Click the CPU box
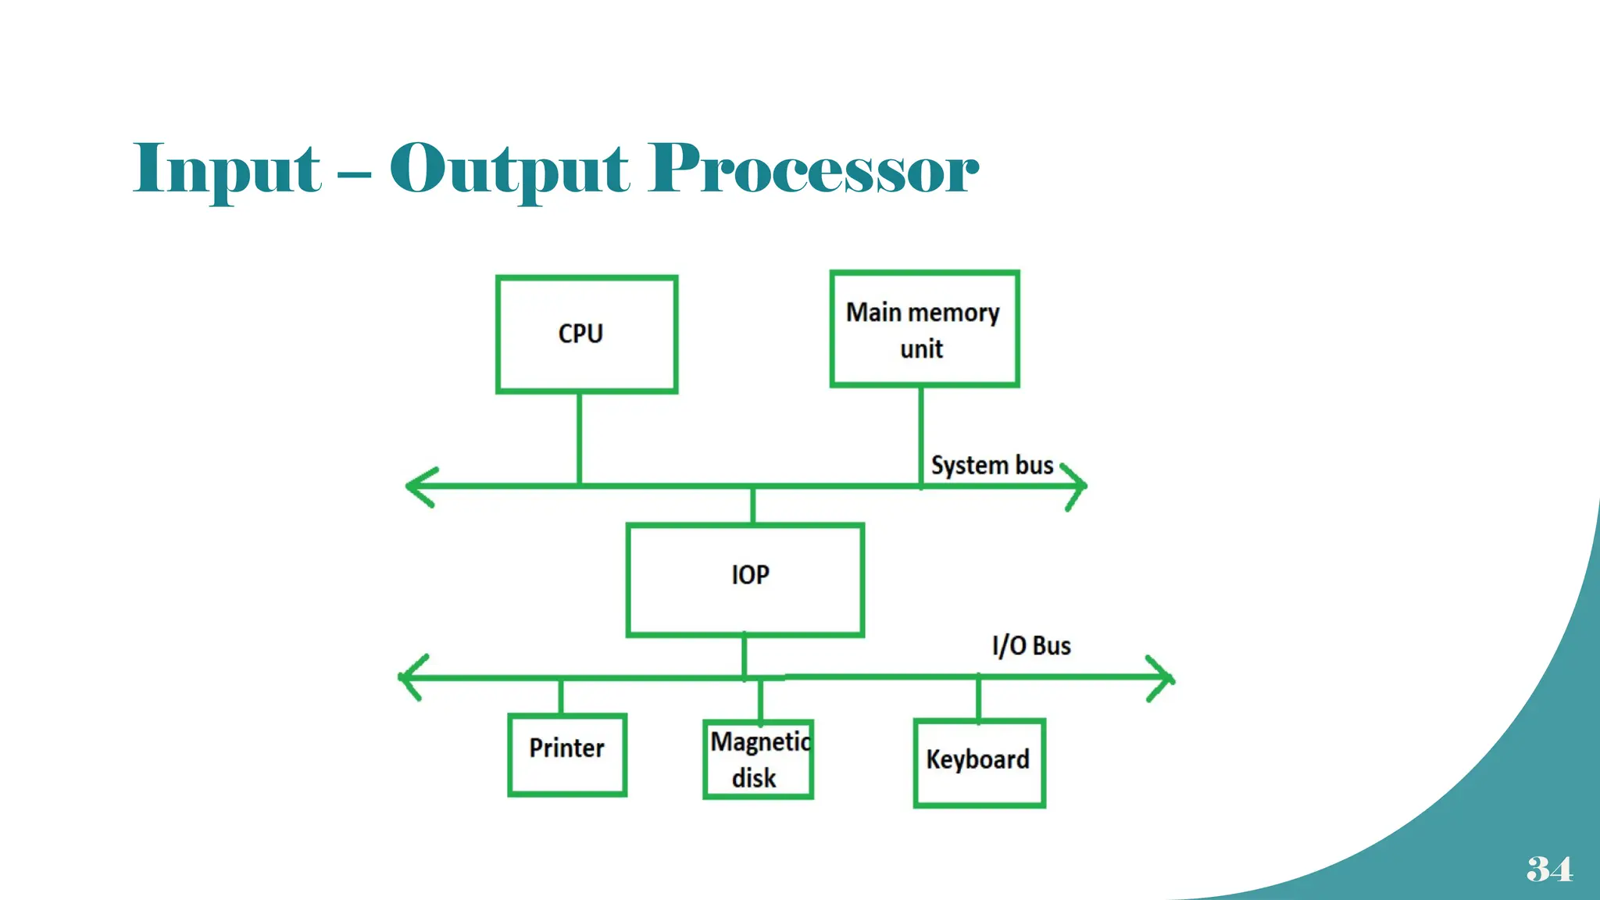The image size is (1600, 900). pyautogui.click(x=586, y=334)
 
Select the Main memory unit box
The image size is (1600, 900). pyautogui.click(x=924, y=329)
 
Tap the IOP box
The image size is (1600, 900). pyautogui.click(x=745, y=580)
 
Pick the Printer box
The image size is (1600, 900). pyautogui.click(x=567, y=755)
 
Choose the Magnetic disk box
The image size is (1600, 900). pyautogui.click(x=758, y=759)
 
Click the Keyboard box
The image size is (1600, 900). pyautogui.click(x=979, y=762)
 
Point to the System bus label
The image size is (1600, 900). pyautogui.click(x=991, y=466)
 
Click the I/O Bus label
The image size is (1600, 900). pyautogui.click(x=1031, y=646)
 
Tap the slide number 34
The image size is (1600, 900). pyautogui.click(x=1548, y=869)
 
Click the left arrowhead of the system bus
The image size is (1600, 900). pyautogui.click(x=417, y=487)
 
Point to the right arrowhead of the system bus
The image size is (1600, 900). pyautogui.click(x=1078, y=486)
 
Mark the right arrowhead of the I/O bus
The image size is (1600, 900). pyautogui.click(x=1164, y=678)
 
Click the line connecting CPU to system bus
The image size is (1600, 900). pyautogui.click(x=579, y=437)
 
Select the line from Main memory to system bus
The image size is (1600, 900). pyautogui.click(x=921, y=434)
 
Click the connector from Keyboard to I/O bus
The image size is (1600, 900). pyautogui.click(x=978, y=698)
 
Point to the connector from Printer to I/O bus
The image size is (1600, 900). pyautogui.click(x=560, y=697)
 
